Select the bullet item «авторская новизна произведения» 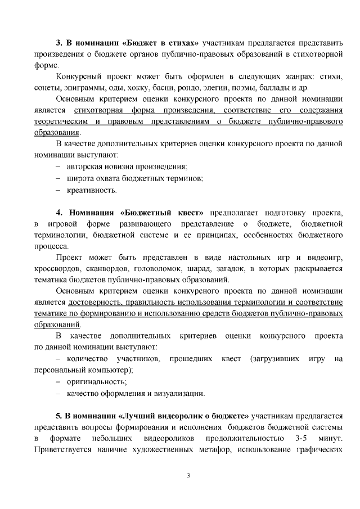click(127, 166)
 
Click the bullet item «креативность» click(92, 190)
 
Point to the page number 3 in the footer click(189, 477)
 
